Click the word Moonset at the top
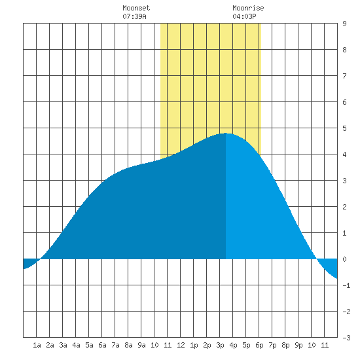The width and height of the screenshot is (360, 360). coord(136,8)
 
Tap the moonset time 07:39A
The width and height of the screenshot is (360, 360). coord(134,16)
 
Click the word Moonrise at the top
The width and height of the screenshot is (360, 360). coord(248,8)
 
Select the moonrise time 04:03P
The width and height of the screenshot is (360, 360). coord(244,16)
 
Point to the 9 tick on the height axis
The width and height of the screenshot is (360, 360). coord(344,24)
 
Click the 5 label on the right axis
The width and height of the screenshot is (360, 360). coord(344,128)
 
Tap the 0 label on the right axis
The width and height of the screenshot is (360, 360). coord(344,259)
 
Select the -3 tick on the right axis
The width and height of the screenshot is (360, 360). coord(346,338)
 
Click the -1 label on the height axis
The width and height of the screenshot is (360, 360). coord(346,285)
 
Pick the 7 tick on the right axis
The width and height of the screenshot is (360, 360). coord(344,76)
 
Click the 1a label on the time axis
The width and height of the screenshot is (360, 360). coord(37,345)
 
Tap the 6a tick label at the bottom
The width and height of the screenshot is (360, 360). coord(102,345)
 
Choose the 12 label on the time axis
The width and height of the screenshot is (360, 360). coord(181,345)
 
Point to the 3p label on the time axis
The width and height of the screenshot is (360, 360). coord(220,345)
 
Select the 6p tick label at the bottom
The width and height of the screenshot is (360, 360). coord(259,345)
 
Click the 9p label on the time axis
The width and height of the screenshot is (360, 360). coord(298,345)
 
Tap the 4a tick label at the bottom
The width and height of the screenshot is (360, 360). coord(76,345)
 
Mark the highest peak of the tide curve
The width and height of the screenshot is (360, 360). coord(226,133)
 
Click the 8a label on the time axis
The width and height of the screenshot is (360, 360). coord(128,345)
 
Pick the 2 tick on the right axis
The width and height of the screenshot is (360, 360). coord(344,207)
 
